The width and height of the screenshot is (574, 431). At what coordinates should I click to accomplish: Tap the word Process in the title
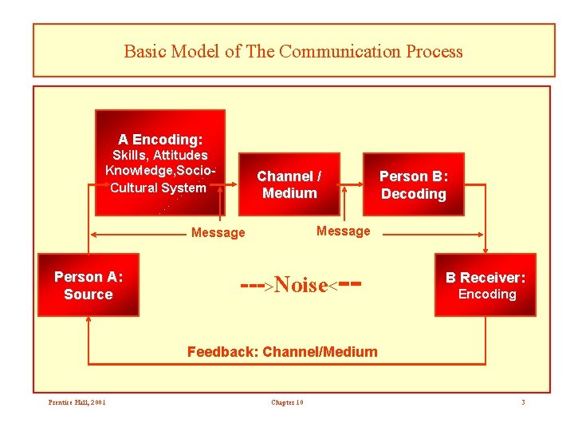434,52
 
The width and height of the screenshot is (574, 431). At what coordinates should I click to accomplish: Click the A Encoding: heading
160,139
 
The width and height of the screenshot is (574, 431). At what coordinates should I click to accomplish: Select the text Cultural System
158,188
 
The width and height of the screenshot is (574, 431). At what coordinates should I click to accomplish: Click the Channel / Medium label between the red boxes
289,184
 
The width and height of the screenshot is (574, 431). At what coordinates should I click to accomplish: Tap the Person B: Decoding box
413,184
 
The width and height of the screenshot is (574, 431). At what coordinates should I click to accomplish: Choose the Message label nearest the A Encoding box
218,233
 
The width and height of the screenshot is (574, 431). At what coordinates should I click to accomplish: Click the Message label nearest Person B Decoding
344,231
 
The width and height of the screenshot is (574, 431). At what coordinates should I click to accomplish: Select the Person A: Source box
88,286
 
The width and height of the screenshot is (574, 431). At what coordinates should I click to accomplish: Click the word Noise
301,286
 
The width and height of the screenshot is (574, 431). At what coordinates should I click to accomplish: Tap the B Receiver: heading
486,278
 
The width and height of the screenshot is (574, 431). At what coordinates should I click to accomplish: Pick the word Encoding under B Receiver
487,295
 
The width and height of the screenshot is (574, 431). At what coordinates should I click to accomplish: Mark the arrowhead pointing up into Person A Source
88,320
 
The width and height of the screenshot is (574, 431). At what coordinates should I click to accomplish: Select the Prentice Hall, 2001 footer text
77,401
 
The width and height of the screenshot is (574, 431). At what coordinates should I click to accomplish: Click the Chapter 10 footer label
287,401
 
